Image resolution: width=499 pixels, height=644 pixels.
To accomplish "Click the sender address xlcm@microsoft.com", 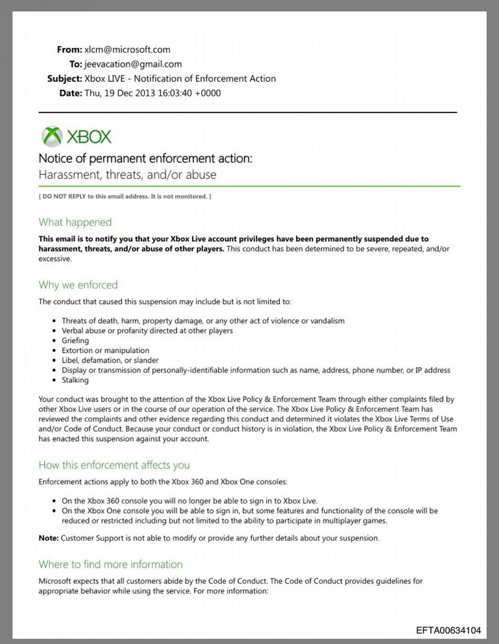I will [x=128, y=50].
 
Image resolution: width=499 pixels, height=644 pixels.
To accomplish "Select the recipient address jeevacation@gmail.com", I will [x=133, y=64].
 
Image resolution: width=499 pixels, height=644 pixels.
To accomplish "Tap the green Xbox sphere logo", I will [x=51, y=136].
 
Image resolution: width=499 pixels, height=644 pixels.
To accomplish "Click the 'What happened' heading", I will [x=75, y=223].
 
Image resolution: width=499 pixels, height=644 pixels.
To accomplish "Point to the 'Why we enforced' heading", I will [x=78, y=285].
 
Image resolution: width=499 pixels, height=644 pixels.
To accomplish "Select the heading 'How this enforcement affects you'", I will [x=114, y=464].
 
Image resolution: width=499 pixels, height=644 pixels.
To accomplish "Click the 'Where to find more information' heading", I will [x=110, y=564].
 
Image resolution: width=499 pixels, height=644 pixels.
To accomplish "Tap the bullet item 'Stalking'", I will [x=75, y=380].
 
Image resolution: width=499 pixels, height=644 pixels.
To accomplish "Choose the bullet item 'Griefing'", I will [x=75, y=340].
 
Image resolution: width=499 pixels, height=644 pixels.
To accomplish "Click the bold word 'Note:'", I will [x=49, y=538].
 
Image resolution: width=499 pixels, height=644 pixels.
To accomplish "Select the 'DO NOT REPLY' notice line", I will [x=125, y=197].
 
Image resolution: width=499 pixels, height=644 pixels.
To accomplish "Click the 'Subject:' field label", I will [x=64, y=78].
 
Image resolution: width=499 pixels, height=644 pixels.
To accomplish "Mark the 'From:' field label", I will [x=69, y=50].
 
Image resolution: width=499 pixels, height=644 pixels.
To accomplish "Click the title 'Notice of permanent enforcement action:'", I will [x=146, y=159].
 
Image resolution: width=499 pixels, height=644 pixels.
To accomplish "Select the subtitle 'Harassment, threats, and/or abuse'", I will [x=127, y=175].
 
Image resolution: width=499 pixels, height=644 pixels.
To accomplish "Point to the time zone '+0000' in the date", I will [x=208, y=93].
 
